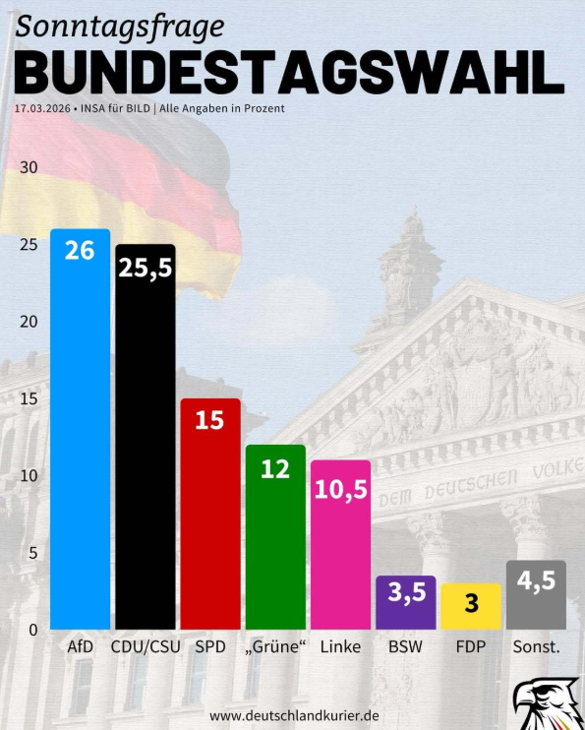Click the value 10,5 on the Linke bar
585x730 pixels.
[340, 490]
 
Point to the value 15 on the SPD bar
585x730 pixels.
[209, 421]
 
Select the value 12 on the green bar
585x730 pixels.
[275, 468]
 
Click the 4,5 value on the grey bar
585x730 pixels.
[536, 580]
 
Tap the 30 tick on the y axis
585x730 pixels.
[29, 167]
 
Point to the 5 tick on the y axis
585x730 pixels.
[32, 553]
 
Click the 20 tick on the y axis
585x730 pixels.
[29, 322]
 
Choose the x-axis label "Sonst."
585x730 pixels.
[536, 647]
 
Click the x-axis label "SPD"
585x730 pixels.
[210, 647]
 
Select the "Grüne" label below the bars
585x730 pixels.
[275, 647]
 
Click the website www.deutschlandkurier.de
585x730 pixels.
[294, 715]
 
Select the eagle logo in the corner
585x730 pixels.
[544, 703]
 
